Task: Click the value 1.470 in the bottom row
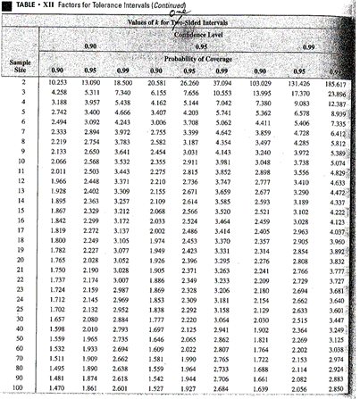tap(61, 390)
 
